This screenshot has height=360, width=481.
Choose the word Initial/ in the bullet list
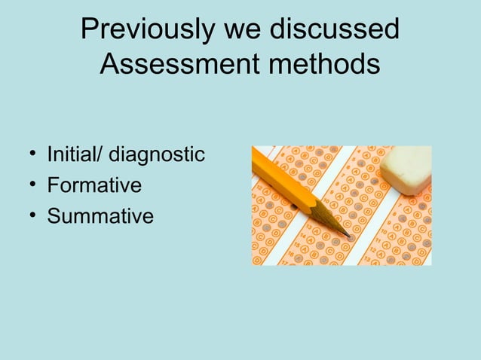pyautogui.click(x=75, y=155)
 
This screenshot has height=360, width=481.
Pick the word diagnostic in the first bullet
pyautogui.click(x=157, y=156)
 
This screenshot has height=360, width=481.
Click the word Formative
pyautogui.click(x=94, y=185)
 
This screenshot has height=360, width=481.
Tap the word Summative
pyautogui.click(x=100, y=216)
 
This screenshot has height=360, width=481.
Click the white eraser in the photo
pyautogui.click(x=406, y=169)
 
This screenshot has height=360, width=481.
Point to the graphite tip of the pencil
pyautogui.click(x=348, y=236)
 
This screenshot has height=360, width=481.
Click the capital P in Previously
pyautogui.click(x=90, y=30)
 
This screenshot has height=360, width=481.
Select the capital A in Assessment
pyautogui.click(x=110, y=65)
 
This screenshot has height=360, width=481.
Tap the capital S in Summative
pyautogui.click(x=54, y=216)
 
